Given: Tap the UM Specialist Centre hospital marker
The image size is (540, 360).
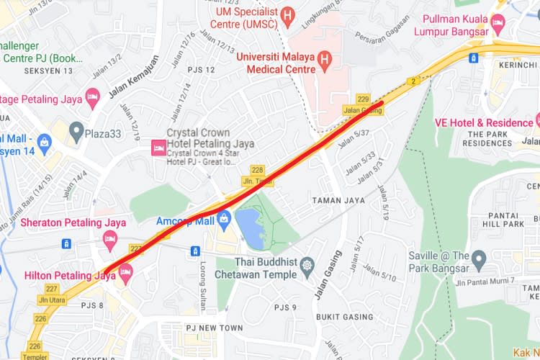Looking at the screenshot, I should (x=289, y=14).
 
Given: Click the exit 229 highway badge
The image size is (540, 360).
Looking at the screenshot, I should (x=363, y=99).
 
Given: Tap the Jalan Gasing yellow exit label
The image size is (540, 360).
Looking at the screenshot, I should (x=362, y=109).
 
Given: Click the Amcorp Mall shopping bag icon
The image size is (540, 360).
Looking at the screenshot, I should (x=225, y=217).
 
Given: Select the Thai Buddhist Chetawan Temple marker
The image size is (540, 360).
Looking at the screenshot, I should (x=307, y=265).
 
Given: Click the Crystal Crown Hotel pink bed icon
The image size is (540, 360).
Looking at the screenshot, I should (x=157, y=148).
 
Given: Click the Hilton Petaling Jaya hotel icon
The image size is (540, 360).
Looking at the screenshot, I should (x=126, y=272).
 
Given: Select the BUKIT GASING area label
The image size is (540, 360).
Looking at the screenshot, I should (x=343, y=317).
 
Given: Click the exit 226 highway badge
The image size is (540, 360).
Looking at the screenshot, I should (x=40, y=318).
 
